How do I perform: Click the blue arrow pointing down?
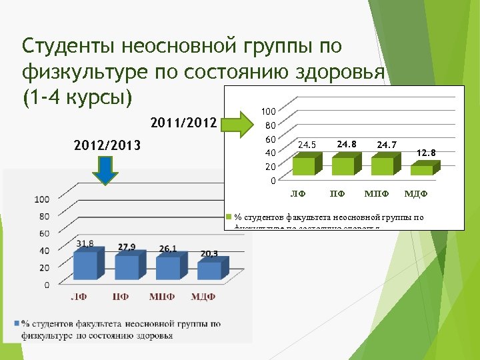tap(105, 169)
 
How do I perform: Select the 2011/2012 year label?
tap(184, 123)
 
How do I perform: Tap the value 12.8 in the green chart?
tap(425, 153)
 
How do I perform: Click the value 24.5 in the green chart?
tap(307, 144)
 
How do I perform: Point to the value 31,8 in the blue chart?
tap(85, 243)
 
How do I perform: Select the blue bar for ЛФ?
tap(86, 265)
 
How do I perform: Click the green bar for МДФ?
tap(421, 169)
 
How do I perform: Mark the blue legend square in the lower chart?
tap(16, 324)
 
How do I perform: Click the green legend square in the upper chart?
tap(229, 217)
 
